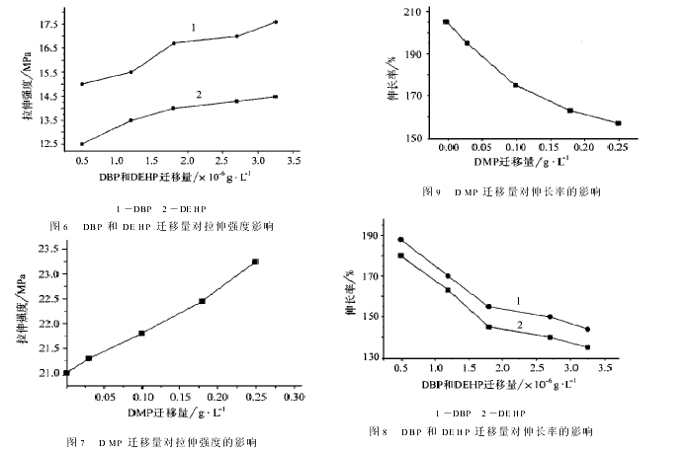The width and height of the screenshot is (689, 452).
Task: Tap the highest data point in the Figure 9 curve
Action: (x=446, y=22)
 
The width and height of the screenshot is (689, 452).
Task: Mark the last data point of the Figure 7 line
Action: (x=255, y=262)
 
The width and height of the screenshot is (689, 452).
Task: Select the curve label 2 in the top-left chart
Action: (x=199, y=95)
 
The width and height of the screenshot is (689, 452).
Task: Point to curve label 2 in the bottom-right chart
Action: (x=518, y=325)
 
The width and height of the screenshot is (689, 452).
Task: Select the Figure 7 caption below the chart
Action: (x=161, y=441)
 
